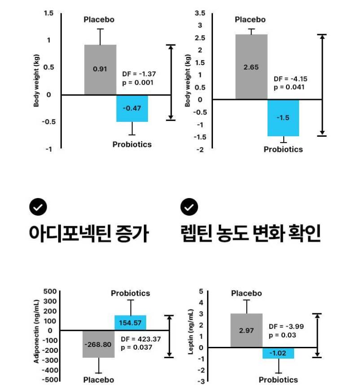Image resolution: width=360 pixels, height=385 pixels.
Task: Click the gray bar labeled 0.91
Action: (x=100, y=69)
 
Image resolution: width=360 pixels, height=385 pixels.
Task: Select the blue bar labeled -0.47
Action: (x=132, y=108)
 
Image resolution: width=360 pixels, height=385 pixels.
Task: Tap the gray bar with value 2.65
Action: (x=252, y=67)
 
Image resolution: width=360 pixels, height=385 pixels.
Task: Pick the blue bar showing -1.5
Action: (x=283, y=117)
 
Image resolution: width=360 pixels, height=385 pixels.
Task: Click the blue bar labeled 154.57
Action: (x=130, y=323)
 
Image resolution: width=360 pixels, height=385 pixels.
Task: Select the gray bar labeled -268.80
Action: (x=98, y=344)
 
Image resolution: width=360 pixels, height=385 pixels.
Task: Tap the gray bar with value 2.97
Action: (x=246, y=330)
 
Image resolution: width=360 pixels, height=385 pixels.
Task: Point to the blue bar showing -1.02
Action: (x=278, y=353)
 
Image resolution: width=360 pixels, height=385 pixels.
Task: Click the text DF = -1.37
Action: (x=139, y=74)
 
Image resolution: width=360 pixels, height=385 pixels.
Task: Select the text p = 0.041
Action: (x=289, y=87)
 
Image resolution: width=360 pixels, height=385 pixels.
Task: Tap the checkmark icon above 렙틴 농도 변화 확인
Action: (x=189, y=207)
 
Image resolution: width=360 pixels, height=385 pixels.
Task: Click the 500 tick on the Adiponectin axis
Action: (x=48, y=291)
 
